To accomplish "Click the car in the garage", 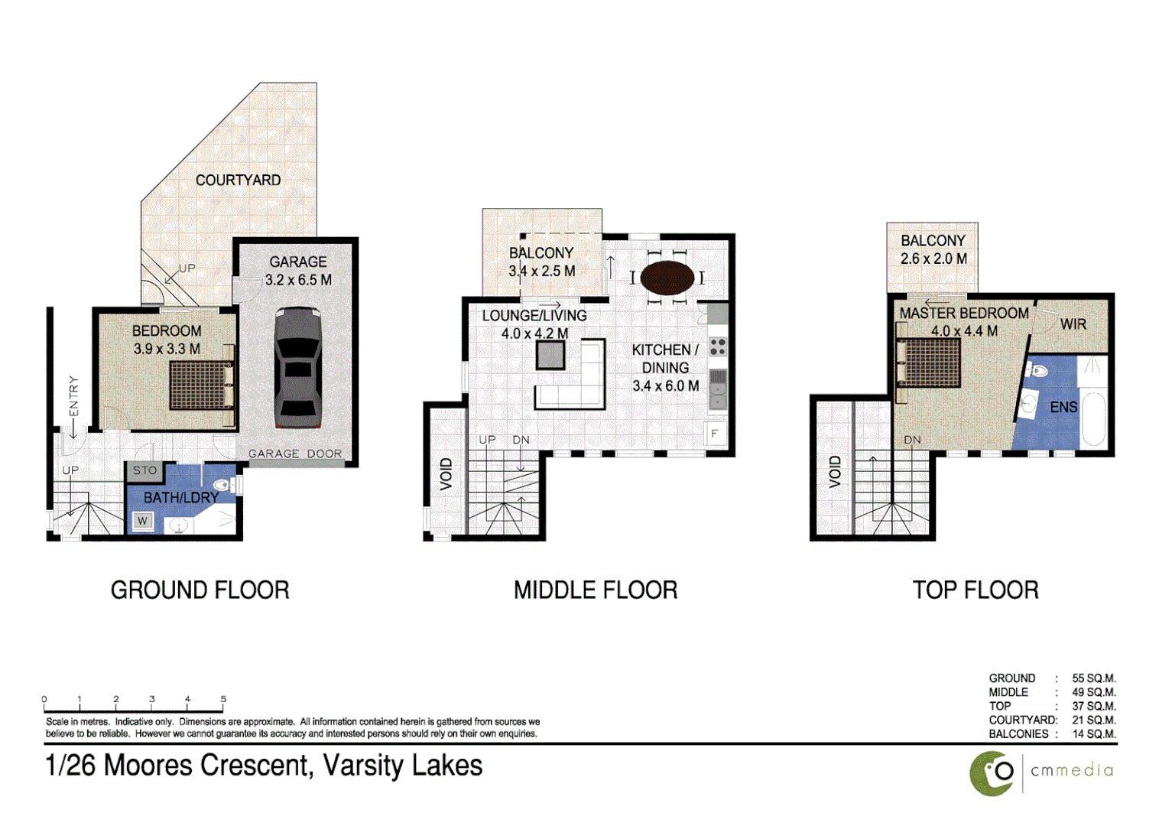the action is click(x=297, y=367).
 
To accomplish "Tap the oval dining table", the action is click(x=667, y=278).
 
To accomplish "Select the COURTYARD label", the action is click(x=238, y=180).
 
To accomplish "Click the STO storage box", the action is click(x=144, y=470).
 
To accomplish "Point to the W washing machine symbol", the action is click(x=142, y=521).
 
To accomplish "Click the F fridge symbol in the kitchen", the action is click(x=716, y=434).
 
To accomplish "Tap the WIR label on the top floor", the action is click(x=1073, y=324).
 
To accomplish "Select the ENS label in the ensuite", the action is click(x=1063, y=407).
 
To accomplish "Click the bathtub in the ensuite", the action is click(x=1093, y=418).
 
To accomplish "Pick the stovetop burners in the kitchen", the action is click(x=718, y=347).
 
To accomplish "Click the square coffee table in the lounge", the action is click(x=550, y=354).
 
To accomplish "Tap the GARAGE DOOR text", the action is click(x=295, y=454).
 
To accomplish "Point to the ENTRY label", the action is click(x=73, y=396).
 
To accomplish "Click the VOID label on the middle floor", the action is click(x=446, y=473).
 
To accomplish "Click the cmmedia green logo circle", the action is click(x=992, y=774).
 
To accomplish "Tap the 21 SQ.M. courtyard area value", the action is click(x=1094, y=720).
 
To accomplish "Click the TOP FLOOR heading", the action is click(x=976, y=590).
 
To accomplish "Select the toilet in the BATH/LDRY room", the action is click(x=225, y=485).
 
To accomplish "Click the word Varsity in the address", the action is click(x=364, y=766).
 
